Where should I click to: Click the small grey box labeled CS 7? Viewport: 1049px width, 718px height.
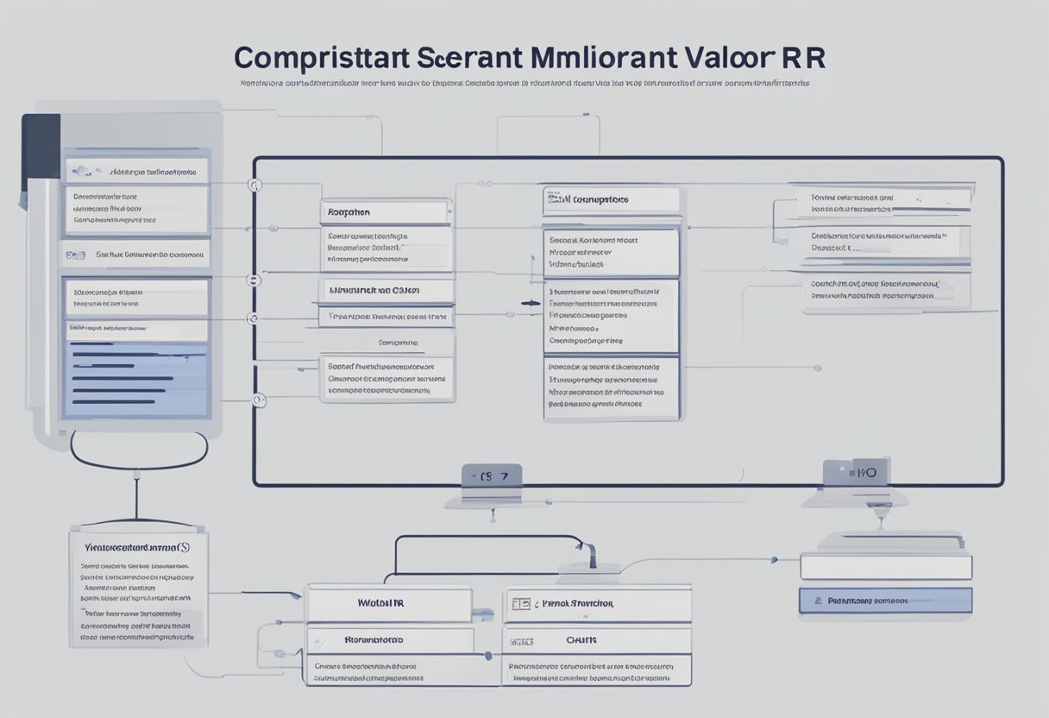tap(491, 476)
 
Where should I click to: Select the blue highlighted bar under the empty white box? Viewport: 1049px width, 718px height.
tap(885, 600)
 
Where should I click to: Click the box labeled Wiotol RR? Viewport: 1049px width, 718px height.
tap(389, 603)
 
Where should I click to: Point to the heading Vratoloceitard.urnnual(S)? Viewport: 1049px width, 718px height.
tap(138, 547)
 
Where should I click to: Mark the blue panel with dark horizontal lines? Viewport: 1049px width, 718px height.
tap(136, 379)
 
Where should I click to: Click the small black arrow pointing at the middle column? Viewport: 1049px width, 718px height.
tap(531, 303)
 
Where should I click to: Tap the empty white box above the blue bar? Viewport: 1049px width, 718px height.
tap(885, 567)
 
